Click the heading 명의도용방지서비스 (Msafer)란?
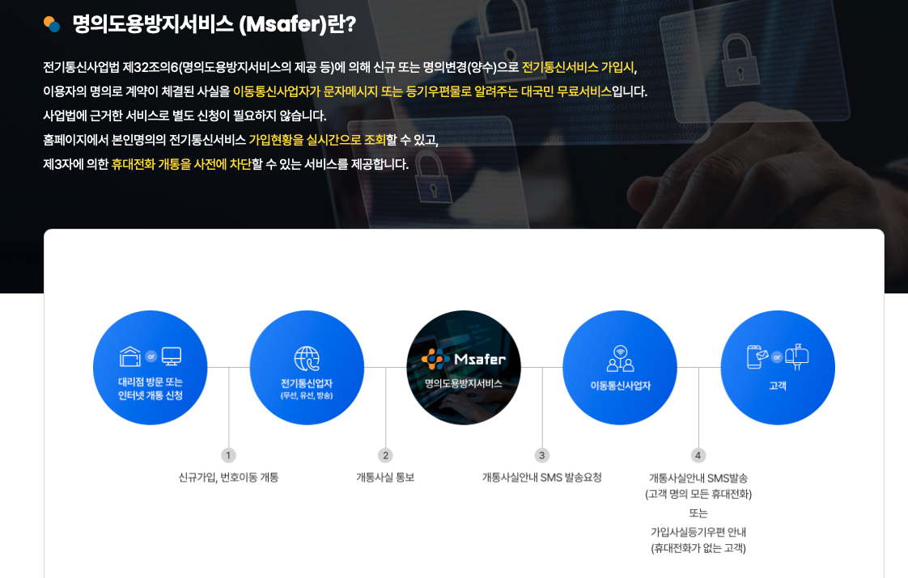point(214,24)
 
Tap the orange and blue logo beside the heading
point(52,24)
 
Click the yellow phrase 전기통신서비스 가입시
point(578,67)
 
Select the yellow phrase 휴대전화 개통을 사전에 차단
point(181,164)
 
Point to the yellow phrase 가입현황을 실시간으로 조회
point(317,140)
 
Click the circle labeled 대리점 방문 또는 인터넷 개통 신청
point(151,368)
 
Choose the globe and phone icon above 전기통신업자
point(307,358)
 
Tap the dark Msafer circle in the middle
point(464,368)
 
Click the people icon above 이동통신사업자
point(620,358)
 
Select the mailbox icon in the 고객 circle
point(797,357)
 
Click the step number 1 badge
point(228,455)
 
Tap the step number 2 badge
point(385,455)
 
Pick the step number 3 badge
point(542,455)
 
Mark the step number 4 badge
point(698,455)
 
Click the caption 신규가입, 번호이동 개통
point(228,478)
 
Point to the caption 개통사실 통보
point(385,478)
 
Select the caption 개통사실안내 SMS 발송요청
point(542,478)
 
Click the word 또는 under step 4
point(698,513)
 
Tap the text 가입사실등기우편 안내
point(698,532)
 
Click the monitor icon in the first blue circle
point(172,357)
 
